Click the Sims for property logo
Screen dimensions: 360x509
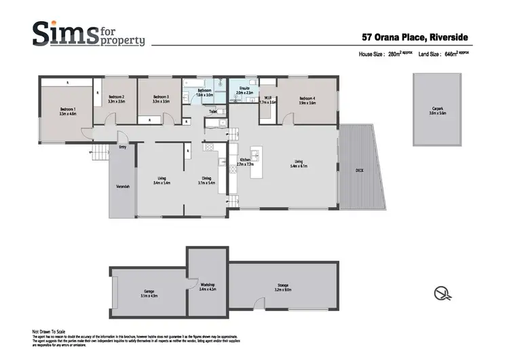coord(88,33)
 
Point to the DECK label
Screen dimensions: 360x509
coord(360,170)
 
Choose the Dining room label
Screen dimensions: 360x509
coord(206,180)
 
